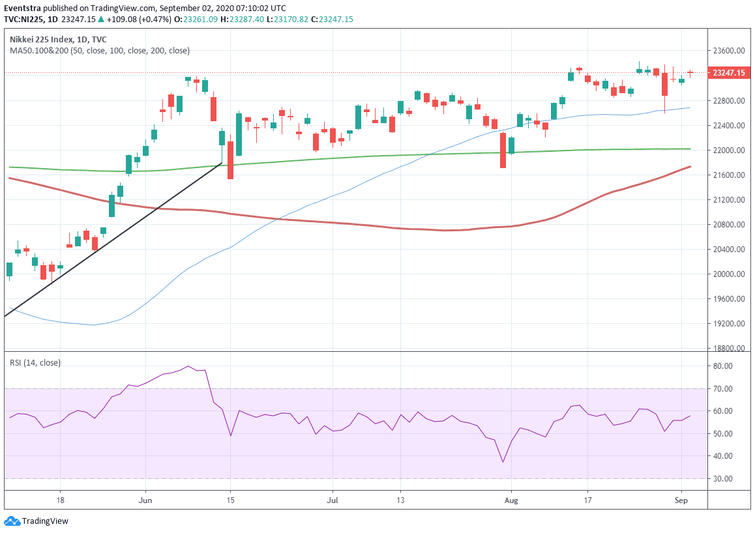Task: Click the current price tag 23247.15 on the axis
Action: coord(729,74)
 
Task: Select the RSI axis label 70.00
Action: coord(723,389)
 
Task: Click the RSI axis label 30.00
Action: coord(723,479)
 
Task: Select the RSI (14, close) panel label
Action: coord(35,363)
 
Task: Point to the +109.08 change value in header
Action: coord(122,20)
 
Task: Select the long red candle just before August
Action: coord(503,150)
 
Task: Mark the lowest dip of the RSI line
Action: coord(503,462)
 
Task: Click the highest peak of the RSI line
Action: coord(188,366)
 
